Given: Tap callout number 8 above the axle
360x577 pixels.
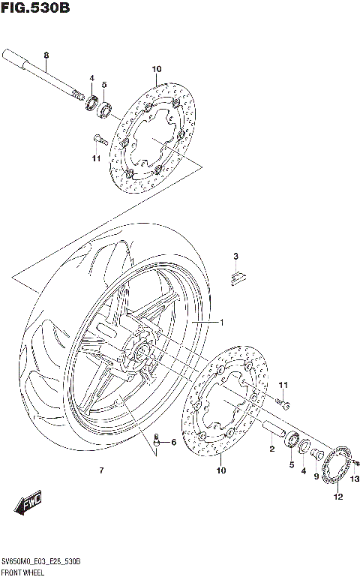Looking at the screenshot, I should (x=46, y=56).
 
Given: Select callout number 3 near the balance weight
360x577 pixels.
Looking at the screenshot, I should (x=235, y=257).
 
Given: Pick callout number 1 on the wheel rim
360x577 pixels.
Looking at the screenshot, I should (x=222, y=322).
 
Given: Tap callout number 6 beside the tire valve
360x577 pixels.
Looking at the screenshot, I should (x=173, y=442).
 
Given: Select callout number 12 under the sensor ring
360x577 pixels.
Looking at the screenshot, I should (x=337, y=497).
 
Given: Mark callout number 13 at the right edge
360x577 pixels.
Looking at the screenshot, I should (x=355, y=479).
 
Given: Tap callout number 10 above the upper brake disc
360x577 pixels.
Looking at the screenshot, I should (x=157, y=70).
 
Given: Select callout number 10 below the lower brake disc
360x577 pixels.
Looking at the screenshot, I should (x=221, y=470).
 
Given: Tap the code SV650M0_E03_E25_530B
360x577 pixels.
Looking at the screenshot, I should (x=41, y=562).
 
